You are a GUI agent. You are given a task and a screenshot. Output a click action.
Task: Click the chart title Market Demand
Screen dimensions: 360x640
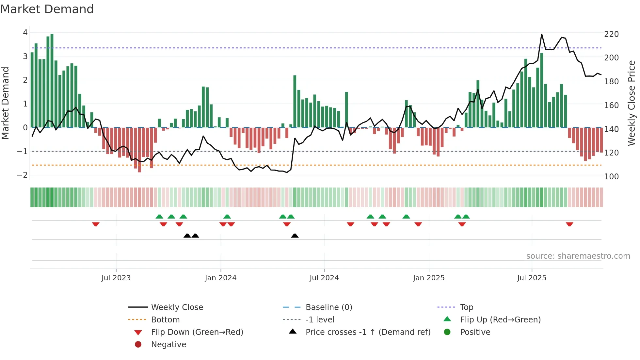point(47,9)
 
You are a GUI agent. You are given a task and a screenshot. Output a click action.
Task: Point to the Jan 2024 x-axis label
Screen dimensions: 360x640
point(220,278)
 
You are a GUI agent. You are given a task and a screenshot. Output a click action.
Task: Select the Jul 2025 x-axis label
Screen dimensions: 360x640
point(531,278)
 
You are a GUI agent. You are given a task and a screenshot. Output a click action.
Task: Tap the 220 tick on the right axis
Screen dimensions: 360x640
point(611,34)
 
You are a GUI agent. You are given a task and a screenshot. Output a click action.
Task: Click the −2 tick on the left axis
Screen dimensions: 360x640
point(22,175)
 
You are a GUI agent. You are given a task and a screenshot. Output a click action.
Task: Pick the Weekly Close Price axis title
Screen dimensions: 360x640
point(632,103)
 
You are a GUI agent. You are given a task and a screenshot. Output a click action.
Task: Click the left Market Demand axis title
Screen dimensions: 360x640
point(5,103)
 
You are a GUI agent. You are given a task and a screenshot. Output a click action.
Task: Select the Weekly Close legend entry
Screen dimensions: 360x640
point(177,307)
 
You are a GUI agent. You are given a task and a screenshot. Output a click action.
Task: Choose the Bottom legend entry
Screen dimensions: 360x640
point(165,320)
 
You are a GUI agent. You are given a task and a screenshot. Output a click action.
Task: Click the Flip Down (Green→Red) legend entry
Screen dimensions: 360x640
point(197,332)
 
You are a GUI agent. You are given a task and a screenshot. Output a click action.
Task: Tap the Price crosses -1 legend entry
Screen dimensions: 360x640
point(368,332)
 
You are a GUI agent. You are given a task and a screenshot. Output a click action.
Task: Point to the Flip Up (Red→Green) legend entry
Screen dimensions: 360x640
point(500,320)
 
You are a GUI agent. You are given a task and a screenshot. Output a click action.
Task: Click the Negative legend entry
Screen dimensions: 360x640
point(168,345)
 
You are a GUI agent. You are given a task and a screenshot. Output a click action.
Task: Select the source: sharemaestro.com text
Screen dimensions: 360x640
point(578,256)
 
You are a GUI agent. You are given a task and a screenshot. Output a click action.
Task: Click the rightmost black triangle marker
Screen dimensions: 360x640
point(295,236)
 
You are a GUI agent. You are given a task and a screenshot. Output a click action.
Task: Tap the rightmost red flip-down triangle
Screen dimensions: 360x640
point(569,224)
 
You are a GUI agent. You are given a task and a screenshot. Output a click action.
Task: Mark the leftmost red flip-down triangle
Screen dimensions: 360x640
point(96,224)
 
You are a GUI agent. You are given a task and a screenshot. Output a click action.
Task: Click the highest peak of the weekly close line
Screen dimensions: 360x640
point(541,34)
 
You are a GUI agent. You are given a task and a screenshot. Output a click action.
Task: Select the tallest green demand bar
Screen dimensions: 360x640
point(52,81)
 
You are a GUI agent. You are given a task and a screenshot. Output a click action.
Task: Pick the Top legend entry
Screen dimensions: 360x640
point(466,307)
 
